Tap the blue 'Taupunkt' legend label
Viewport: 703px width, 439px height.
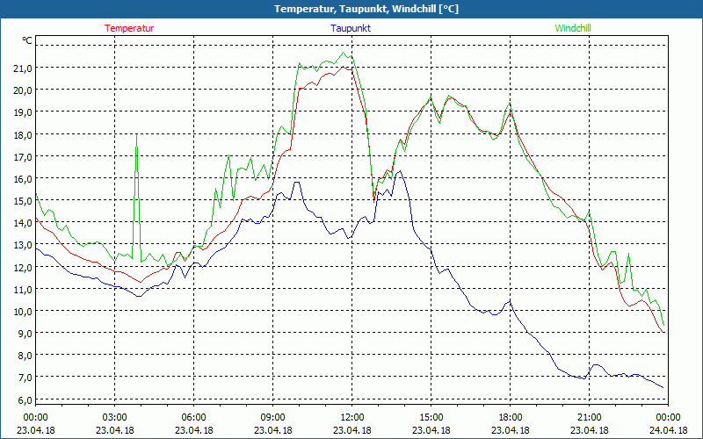coord(351,28)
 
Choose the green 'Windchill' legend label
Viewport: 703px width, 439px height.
coord(573,28)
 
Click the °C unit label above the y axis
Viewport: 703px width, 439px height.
coord(27,40)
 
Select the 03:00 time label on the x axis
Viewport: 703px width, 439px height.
coord(115,417)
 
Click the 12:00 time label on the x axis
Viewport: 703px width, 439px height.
coord(352,417)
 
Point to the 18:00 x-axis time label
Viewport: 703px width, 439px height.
coord(511,417)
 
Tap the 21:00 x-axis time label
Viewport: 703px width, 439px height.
coord(590,417)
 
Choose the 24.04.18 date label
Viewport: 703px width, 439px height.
coord(668,430)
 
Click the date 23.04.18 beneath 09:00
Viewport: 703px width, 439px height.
coord(273,430)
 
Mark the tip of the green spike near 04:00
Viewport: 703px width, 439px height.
coord(136,134)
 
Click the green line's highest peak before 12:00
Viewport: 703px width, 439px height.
coord(345,53)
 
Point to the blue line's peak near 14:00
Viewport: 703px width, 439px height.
coord(399,171)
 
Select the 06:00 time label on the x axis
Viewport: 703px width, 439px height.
coord(194,417)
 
